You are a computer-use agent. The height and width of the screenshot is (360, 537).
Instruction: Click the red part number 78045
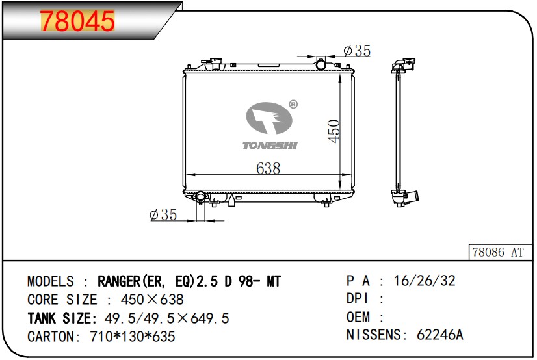78,21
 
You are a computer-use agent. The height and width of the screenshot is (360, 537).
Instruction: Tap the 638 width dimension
268,168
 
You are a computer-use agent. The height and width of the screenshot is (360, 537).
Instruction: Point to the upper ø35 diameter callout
356,51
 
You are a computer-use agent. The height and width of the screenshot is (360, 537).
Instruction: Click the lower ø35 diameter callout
163,214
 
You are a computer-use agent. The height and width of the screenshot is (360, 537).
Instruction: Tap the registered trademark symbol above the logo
293,103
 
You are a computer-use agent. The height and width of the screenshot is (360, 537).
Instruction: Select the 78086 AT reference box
497,252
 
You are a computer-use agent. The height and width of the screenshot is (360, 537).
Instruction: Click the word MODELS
51,281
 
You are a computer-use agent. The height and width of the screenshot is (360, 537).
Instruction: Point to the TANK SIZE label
62,318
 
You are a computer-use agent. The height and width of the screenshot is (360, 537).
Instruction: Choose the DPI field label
358,300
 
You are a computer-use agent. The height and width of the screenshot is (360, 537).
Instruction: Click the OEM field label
358,318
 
